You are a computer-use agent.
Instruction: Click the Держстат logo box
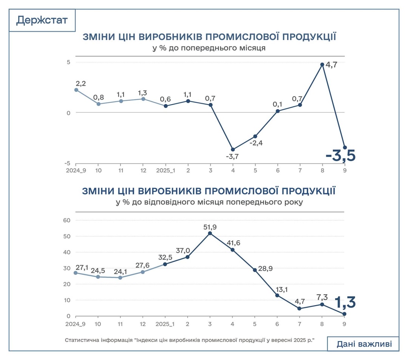click(42, 20)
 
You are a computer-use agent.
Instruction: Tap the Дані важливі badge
click(363, 344)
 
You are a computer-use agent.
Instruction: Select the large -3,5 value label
click(340, 156)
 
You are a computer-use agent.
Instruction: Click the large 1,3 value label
click(345, 303)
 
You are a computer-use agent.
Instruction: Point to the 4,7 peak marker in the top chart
click(322, 65)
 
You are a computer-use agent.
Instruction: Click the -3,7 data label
click(232, 156)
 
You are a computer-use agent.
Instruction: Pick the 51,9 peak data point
click(210, 233)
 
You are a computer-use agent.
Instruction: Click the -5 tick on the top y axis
click(67, 163)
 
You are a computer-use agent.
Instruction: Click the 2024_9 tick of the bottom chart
click(76, 324)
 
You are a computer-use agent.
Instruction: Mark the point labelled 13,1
click(277, 295)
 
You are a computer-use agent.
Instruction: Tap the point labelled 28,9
click(255, 270)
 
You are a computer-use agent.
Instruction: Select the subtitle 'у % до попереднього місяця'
click(209, 48)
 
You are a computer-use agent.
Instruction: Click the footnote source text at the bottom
click(190, 340)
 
